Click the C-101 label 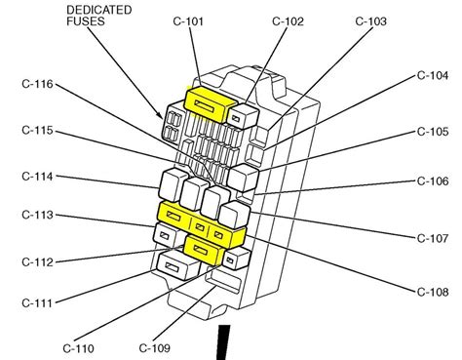point(188,21)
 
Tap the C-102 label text point(288,21)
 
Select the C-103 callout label point(371,21)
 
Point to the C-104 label point(433,75)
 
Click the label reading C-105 point(433,132)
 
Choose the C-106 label point(433,180)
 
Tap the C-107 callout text point(433,238)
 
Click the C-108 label point(433,292)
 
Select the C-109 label point(155,348)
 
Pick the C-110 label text point(79,348)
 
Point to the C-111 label point(37,303)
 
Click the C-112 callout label point(37,262)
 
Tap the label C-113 point(37,215)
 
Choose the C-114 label point(37,177)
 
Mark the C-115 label point(37,131)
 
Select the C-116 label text point(37,84)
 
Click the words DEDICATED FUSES point(98,16)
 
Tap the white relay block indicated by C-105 point(243,177)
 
